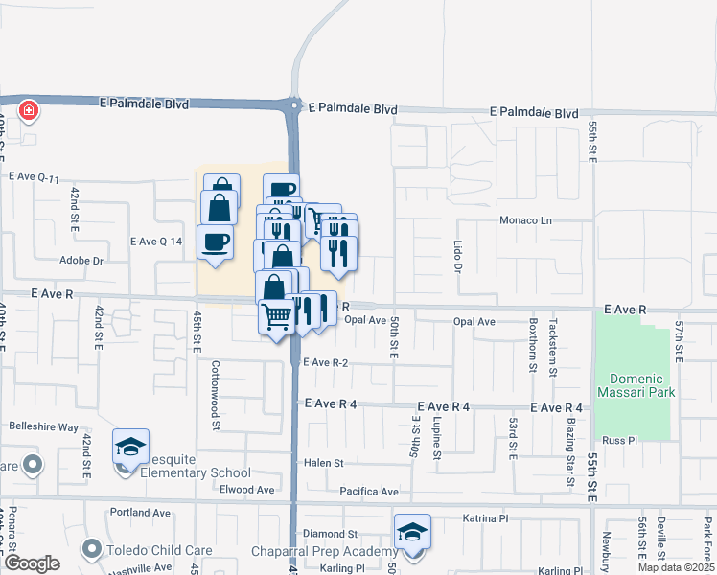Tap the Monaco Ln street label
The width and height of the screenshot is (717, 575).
click(526, 220)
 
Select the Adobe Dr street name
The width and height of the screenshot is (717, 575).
click(81, 260)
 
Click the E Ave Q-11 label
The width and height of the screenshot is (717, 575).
click(35, 177)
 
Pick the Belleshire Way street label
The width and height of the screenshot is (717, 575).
click(43, 426)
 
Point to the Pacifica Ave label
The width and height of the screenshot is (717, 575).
click(369, 492)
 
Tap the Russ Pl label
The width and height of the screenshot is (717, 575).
click(613, 441)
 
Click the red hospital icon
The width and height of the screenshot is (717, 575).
click(29, 111)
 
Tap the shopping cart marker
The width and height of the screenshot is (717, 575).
click(277, 315)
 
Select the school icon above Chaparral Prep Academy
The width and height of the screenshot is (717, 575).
click(412, 531)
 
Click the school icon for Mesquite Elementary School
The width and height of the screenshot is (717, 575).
click(130, 446)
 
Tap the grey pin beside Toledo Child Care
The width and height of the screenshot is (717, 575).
click(91, 549)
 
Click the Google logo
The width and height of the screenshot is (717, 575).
click(32, 563)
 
